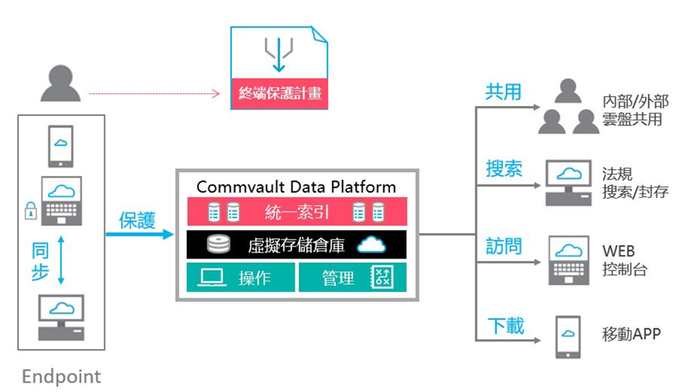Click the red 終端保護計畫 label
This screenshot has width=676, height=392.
pos(279,93)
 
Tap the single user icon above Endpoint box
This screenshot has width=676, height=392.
pos(61,85)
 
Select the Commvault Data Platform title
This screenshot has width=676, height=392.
pos(296,187)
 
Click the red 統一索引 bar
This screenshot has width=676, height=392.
pos(297,212)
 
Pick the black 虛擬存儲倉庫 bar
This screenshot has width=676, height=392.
pos(297,245)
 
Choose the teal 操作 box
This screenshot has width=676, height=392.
pos(240,278)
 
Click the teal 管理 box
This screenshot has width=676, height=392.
pos(352,278)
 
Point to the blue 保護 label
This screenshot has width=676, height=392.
pos(137,221)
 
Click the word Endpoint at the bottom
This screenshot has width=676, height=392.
pos(61,377)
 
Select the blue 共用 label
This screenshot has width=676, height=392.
pos(503,92)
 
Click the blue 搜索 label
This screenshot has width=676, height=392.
pos(503,169)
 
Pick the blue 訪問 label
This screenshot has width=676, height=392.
pos(503,247)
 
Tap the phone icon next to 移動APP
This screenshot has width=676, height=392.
pos(568,337)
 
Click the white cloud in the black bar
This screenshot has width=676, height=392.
pos(372,245)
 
